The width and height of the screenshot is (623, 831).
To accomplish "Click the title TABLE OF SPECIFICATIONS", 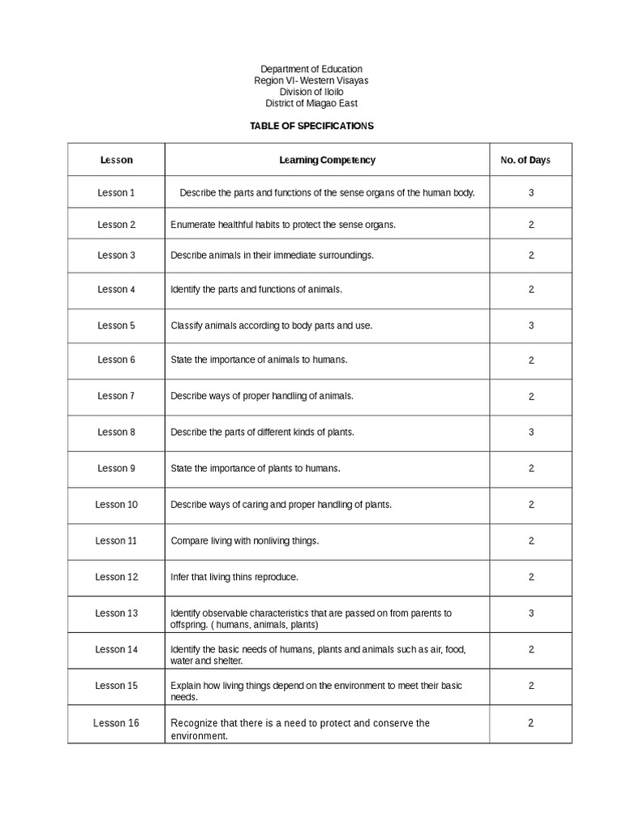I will [x=311, y=127].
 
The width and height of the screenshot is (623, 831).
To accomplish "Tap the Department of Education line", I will [x=311, y=70].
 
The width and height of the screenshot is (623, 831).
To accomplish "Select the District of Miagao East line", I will [x=311, y=103].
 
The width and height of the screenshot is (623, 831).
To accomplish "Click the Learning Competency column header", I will [x=327, y=160].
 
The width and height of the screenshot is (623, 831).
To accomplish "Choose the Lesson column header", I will [x=116, y=160].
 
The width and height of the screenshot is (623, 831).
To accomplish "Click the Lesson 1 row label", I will [x=116, y=192].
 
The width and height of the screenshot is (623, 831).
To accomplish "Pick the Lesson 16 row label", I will [x=116, y=722].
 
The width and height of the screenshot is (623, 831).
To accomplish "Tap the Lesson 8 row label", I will [x=116, y=432].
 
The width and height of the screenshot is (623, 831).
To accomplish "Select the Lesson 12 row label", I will [x=116, y=577].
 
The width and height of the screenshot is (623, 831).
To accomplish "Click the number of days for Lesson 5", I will [x=531, y=325].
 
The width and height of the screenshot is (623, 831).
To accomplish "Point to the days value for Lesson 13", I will [x=531, y=613].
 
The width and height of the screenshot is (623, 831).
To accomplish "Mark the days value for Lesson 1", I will [x=531, y=192].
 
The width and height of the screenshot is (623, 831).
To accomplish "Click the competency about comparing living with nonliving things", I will [x=244, y=540].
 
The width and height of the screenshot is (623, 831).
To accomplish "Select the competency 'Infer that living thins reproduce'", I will [x=234, y=577].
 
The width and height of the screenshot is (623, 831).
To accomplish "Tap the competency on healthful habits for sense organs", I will [x=282, y=224].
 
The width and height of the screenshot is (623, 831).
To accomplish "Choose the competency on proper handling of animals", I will [x=261, y=396].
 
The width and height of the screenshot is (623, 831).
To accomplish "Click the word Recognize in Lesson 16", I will [x=195, y=722].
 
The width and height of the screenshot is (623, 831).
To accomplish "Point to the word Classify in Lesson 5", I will [x=186, y=325].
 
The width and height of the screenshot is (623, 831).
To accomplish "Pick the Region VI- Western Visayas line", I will [x=311, y=81].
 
